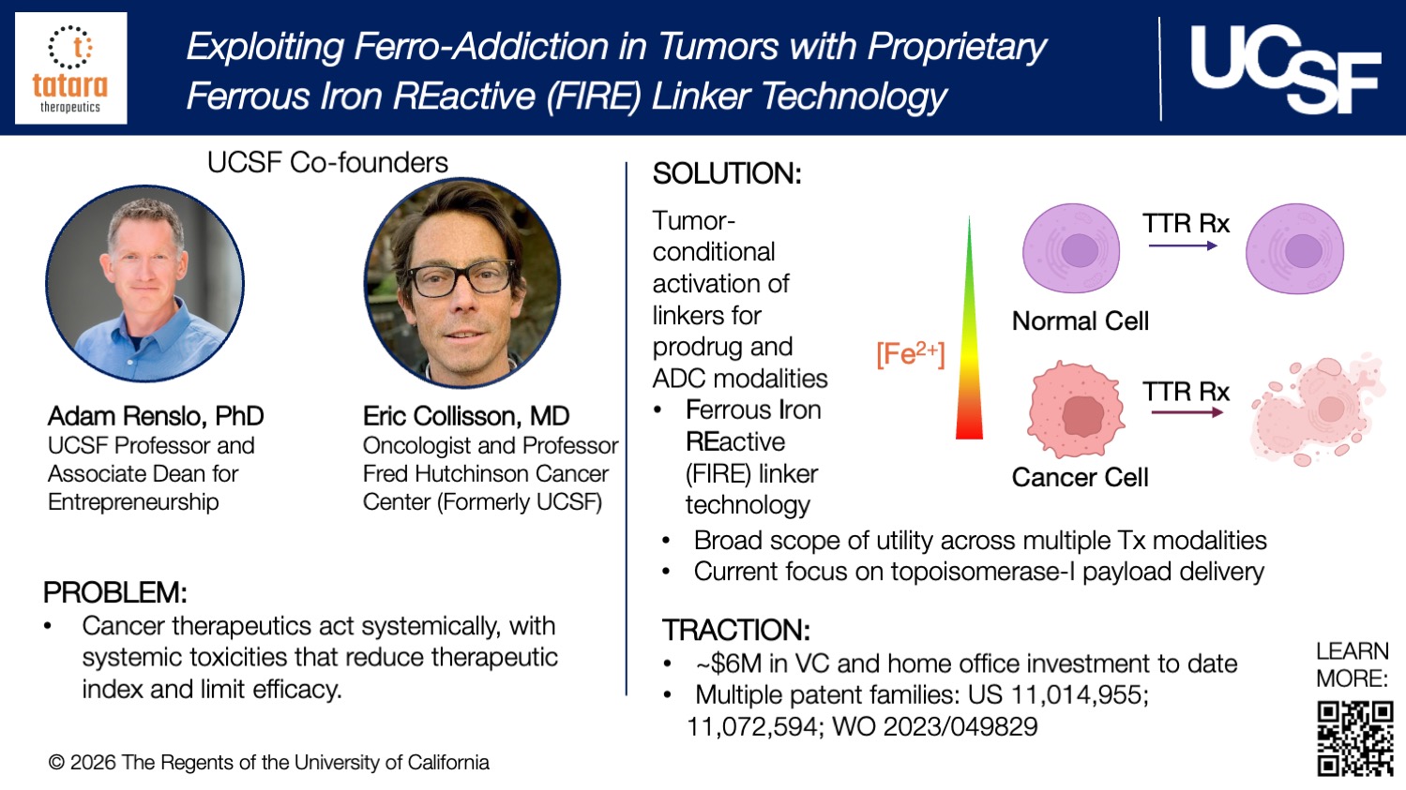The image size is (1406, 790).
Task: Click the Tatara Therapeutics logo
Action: [71, 68]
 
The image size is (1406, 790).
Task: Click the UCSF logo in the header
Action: [1284, 68]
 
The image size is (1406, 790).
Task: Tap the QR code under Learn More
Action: [1354, 738]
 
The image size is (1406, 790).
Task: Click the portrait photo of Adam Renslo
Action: [145, 283]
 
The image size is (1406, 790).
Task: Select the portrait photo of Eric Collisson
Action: [462, 283]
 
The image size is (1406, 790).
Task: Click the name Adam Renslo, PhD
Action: [156, 416]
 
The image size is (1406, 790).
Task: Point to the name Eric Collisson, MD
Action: [466, 416]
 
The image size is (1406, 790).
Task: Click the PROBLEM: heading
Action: [115, 592]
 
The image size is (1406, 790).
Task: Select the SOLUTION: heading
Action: [727, 173]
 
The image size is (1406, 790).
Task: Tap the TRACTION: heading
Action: [736, 630]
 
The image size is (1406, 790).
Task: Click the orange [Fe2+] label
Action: [910, 354]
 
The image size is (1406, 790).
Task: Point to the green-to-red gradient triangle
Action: [969, 356]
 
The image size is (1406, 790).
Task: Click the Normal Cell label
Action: [1080, 321]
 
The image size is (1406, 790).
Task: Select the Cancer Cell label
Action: [1080, 478]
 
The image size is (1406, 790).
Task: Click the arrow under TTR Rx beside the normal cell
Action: [1183, 246]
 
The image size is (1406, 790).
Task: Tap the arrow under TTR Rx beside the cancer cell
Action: [1187, 412]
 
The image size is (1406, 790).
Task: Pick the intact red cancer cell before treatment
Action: [1076, 410]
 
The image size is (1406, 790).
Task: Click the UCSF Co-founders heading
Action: [327, 163]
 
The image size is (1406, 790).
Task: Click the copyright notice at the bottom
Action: [269, 763]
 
